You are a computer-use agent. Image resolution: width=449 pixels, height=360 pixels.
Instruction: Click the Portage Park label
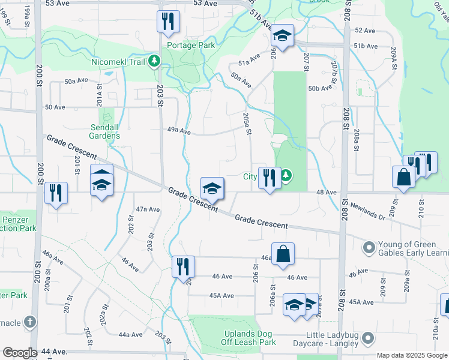(x=191, y=45)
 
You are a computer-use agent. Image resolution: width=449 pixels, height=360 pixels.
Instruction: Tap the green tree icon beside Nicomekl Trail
(x=154, y=61)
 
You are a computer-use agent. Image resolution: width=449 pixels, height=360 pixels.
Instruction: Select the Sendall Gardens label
(x=105, y=131)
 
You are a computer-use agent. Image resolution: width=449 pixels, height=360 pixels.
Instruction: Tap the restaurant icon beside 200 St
(x=56, y=193)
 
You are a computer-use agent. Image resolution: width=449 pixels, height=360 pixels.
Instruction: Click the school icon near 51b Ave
(x=282, y=35)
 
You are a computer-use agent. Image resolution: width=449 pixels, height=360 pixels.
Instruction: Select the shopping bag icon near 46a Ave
(x=283, y=253)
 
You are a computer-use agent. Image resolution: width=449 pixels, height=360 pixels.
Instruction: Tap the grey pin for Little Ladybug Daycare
(x=369, y=338)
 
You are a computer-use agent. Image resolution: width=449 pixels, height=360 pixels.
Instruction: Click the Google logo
(x=20, y=353)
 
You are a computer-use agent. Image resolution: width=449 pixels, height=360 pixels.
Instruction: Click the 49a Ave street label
(x=178, y=131)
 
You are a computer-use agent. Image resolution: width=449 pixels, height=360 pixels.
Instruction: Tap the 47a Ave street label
(x=148, y=209)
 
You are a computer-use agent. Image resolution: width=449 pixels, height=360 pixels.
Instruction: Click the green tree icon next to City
(x=287, y=176)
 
